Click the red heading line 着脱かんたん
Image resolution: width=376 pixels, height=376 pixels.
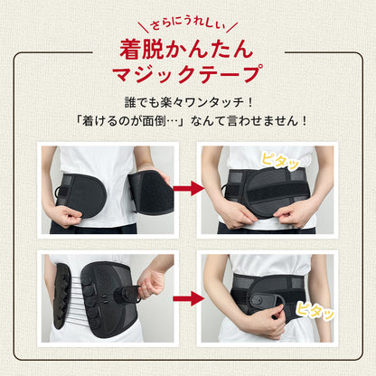tap(186, 49)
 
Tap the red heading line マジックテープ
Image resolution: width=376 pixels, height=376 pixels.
tap(186, 73)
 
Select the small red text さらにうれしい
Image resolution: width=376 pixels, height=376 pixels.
tap(188, 25)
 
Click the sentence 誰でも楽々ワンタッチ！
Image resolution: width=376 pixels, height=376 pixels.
tap(188, 102)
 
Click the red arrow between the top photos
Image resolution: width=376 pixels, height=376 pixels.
tap(189, 189)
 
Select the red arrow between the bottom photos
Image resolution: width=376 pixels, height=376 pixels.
tap(189, 298)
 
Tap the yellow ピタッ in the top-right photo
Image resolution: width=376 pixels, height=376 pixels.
tap(279, 161)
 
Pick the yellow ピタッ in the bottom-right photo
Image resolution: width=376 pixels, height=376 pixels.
tap(315, 310)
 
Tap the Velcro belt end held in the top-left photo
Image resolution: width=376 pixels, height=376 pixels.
tap(150, 193)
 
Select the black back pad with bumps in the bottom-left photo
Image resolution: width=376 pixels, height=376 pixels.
tap(62, 296)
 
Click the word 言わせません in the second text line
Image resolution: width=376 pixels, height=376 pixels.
tap(249, 121)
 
